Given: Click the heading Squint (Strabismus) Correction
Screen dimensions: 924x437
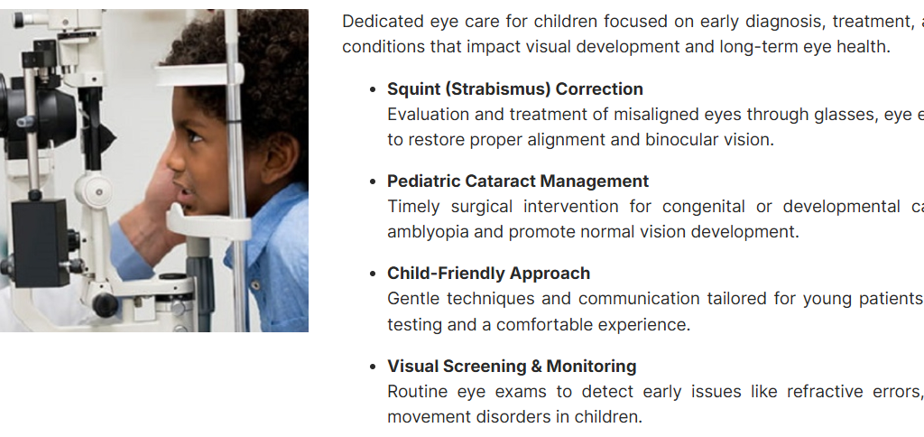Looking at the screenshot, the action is point(515,89).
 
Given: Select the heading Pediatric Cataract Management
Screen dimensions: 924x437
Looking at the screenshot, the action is point(518,181).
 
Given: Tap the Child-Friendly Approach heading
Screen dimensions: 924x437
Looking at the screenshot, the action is point(488,274).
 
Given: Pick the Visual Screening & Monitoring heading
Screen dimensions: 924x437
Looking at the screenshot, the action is point(512,367).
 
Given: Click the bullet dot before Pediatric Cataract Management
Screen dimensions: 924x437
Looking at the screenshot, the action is point(373,181).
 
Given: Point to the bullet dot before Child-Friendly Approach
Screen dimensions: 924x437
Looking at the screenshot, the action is point(373,274).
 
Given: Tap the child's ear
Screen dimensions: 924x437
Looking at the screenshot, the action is point(280,158).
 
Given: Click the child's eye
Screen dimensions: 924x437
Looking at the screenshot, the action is point(195,138).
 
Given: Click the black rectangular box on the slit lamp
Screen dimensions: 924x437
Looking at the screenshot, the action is point(40,242).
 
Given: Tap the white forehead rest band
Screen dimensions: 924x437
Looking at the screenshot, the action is point(199,75).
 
